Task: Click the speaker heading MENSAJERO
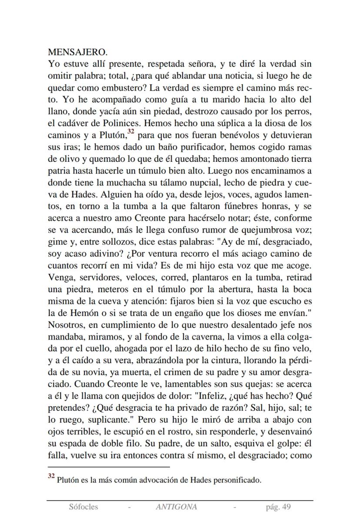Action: (x=77, y=53)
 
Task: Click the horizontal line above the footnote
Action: (x=108, y=467)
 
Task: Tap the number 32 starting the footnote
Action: (x=51, y=478)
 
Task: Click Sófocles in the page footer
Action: (x=83, y=507)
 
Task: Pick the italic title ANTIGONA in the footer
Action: (x=176, y=507)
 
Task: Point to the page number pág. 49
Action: (x=278, y=507)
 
